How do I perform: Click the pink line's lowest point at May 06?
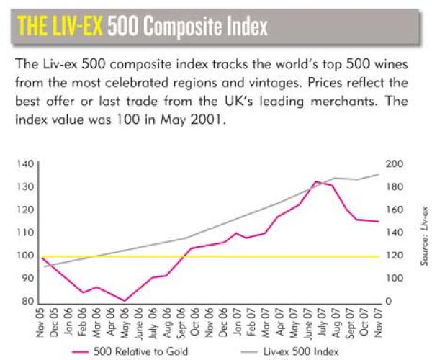pyautogui.click(x=125, y=301)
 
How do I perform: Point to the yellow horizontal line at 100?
pyautogui.click(x=216, y=256)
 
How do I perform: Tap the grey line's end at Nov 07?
pyautogui.click(x=379, y=174)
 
